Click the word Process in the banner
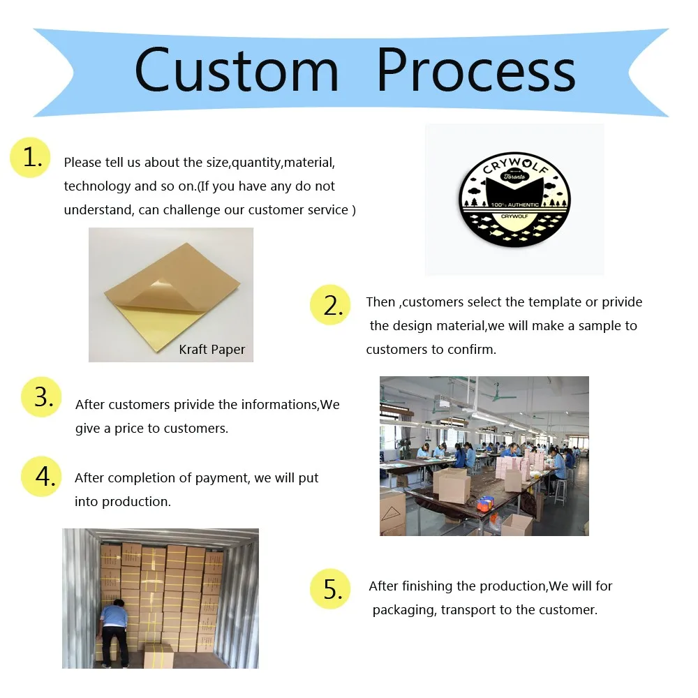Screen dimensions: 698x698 [476, 70]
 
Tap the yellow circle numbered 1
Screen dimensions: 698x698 [31, 158]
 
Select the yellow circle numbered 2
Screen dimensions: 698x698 [330, 305]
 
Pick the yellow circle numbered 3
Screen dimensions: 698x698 [41, 397]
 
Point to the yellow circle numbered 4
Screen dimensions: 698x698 [41, 477]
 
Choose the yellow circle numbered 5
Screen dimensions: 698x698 [330, 590]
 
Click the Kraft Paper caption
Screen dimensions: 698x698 [211, 350]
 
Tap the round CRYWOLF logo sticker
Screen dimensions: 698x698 [514, 200]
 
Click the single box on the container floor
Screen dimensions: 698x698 [158, 656]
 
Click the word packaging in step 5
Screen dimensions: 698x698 [403, 610]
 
